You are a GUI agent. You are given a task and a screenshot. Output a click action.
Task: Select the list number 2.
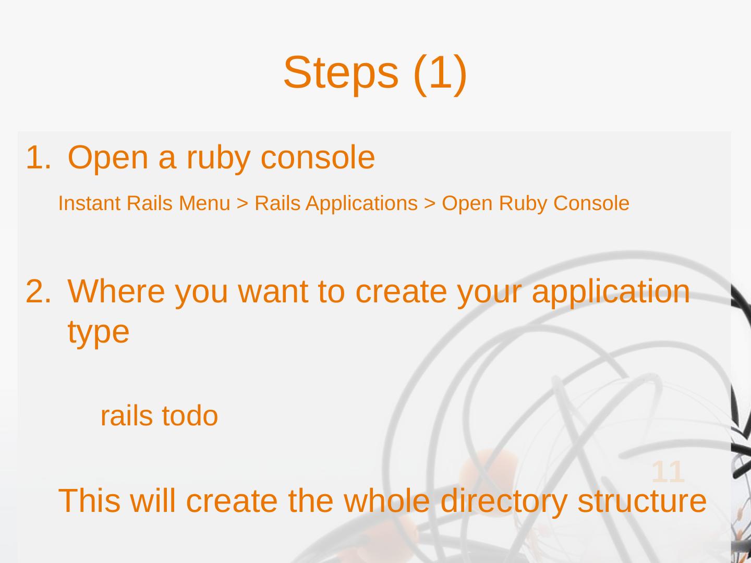tap(38, 291)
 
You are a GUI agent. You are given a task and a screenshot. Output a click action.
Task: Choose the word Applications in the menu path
tap(361, 203)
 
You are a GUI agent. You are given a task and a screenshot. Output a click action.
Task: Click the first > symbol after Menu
tap(242, 204)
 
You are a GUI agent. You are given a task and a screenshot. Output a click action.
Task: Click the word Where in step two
tap(116, 291)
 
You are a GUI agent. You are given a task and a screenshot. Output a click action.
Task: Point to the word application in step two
tap(611, 291)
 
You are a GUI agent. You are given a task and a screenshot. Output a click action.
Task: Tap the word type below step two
tap(98, 332)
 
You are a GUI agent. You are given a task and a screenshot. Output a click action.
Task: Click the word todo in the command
tap(189, 416)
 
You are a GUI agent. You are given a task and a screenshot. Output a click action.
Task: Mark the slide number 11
tap(668, 472)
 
